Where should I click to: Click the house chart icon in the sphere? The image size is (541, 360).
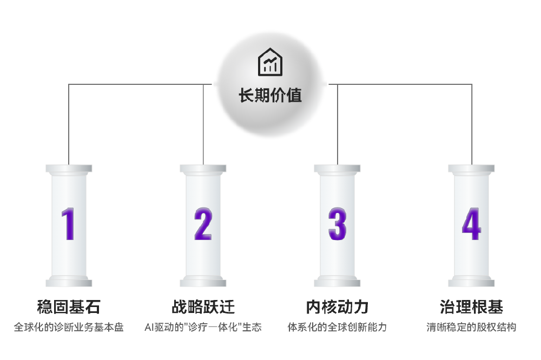pos(270,62)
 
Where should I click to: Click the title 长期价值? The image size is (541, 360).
pos(270,96)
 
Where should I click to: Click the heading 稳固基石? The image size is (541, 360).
pos(69,307)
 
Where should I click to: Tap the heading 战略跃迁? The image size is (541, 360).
pos(203,307)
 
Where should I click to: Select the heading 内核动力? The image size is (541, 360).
pos(337,307)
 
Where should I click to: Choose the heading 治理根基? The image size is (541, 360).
pos(471,307)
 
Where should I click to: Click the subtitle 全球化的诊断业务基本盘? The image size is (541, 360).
pos(69,327)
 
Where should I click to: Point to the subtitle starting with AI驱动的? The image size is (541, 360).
pos(203,327)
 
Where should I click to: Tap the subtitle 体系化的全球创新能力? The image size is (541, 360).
pos(337,327)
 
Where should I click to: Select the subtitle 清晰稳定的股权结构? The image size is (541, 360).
pos(471,327)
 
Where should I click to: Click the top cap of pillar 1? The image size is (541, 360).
pos(69,169)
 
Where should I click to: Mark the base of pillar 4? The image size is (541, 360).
pos(471,281)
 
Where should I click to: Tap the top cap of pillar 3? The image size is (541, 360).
pos(337,169)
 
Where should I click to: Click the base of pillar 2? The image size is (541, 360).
pos(203,281)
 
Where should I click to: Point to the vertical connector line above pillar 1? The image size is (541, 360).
pos(69,124)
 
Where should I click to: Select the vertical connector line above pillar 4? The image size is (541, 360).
pos(472,124)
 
